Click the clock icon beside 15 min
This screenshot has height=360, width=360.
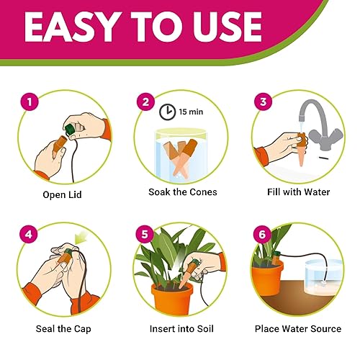coord(168,114)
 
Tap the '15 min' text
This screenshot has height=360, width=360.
coord(192,114)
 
